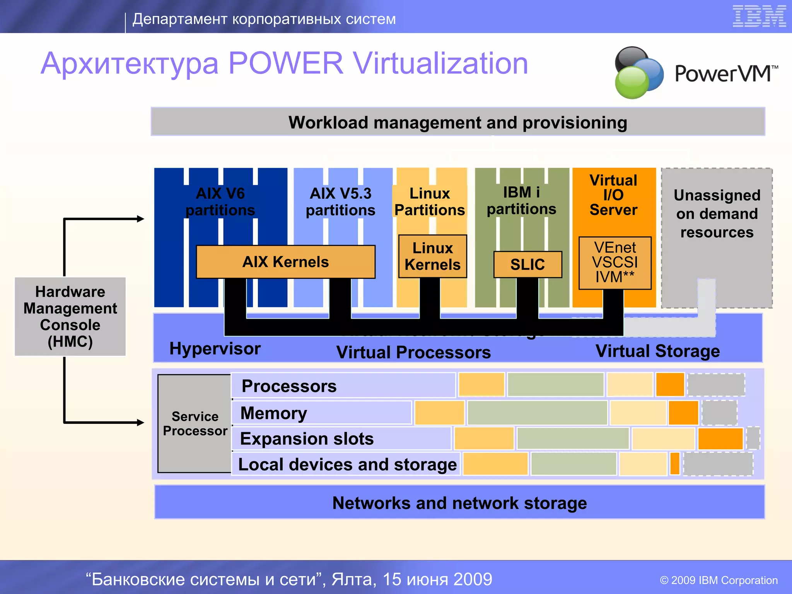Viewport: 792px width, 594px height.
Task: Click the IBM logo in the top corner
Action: tap(759, 16)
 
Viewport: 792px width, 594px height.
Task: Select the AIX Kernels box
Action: tap(285, 262)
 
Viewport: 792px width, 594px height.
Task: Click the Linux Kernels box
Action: tap(432, 256)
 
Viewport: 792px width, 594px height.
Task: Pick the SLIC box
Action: tap(527, 265)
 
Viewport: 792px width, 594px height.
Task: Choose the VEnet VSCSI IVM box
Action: tap(615, 263)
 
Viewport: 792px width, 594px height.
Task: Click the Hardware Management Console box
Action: tap(70, 316)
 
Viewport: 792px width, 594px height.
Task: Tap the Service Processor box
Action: tap(195, 423)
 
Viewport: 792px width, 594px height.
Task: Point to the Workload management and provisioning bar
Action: tap(457, 122)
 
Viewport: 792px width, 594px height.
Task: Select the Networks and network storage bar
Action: tap(459, 502)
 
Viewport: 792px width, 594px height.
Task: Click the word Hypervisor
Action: tap(215, 349)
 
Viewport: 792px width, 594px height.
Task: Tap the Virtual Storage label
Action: tap(657, 351)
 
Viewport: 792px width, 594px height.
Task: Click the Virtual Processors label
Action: tap(413, 352)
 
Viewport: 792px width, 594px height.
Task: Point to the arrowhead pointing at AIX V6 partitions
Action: tap(141, 219)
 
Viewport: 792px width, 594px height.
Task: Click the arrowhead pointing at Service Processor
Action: tap(141, 422)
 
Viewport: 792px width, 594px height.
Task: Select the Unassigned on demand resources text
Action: tap(717, 213)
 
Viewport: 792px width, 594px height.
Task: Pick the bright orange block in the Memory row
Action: tap(683, 413)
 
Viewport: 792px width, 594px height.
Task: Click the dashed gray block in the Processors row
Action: tap(716, 385)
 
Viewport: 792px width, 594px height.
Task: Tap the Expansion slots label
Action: tap(307, 439)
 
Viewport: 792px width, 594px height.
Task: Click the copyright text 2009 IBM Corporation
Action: tap(719, 580)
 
